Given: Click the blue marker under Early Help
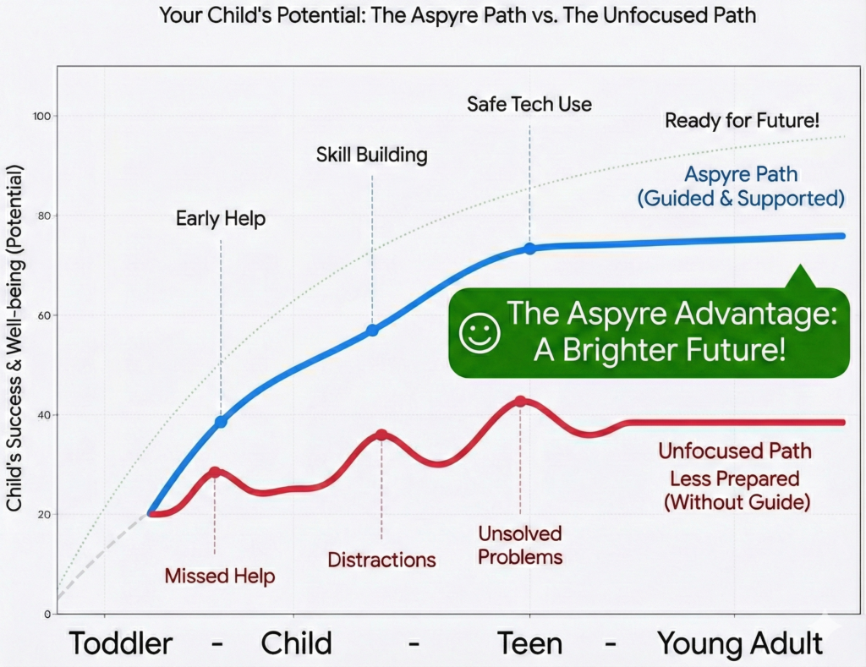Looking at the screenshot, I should pos(221,421).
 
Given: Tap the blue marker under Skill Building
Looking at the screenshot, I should pos(372,330).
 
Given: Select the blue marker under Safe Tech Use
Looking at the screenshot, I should pos(529,249).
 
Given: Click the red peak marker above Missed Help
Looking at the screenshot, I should pos(215,472).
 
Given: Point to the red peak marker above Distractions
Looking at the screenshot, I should pos(381,435).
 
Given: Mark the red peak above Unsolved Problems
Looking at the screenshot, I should pos(521,402).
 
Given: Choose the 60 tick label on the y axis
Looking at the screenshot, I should pos(38,315).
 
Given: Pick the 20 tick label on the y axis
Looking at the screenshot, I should pos(38,514).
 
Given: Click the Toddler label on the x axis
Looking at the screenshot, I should pos(121,643).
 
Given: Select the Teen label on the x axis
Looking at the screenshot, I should pos(529,643).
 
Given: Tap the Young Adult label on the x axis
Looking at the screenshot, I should pos(740,643).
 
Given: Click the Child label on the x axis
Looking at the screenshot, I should pos(296,643).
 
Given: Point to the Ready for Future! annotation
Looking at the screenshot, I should pos(742,120).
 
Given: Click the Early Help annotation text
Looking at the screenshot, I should pos(221,219).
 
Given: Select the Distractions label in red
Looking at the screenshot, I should pos(381,560).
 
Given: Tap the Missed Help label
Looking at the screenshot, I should pos(220,577).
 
